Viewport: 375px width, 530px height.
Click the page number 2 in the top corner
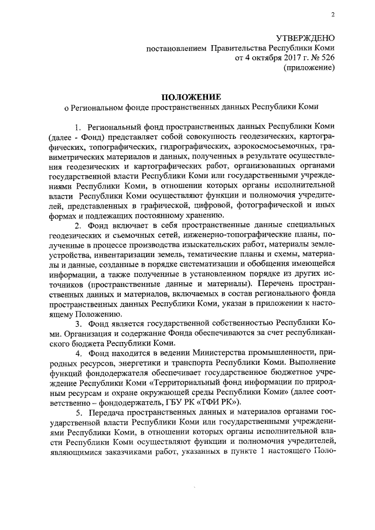(332, 15)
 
